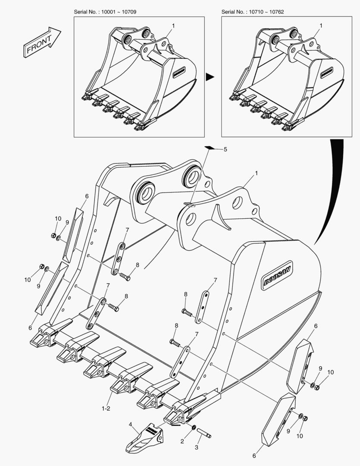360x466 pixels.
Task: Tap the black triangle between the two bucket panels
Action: click(210, 77)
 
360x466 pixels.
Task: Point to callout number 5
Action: click(225, 149)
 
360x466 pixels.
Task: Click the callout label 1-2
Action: click(106, 409)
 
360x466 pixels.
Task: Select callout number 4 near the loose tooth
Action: click(130, 424)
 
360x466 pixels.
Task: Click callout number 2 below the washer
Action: click(182, 441)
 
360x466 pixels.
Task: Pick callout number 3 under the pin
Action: click(196, 447)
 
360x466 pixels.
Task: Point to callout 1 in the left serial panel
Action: click(173, 26)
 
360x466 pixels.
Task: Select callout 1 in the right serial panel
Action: click(321, 26)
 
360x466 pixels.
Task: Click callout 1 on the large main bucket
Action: click(257, 173)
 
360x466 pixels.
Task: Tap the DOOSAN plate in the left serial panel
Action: click(179, 72)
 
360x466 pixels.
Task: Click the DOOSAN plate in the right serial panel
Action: click(327, 72)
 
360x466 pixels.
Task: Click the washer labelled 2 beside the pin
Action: click(194, 427)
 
